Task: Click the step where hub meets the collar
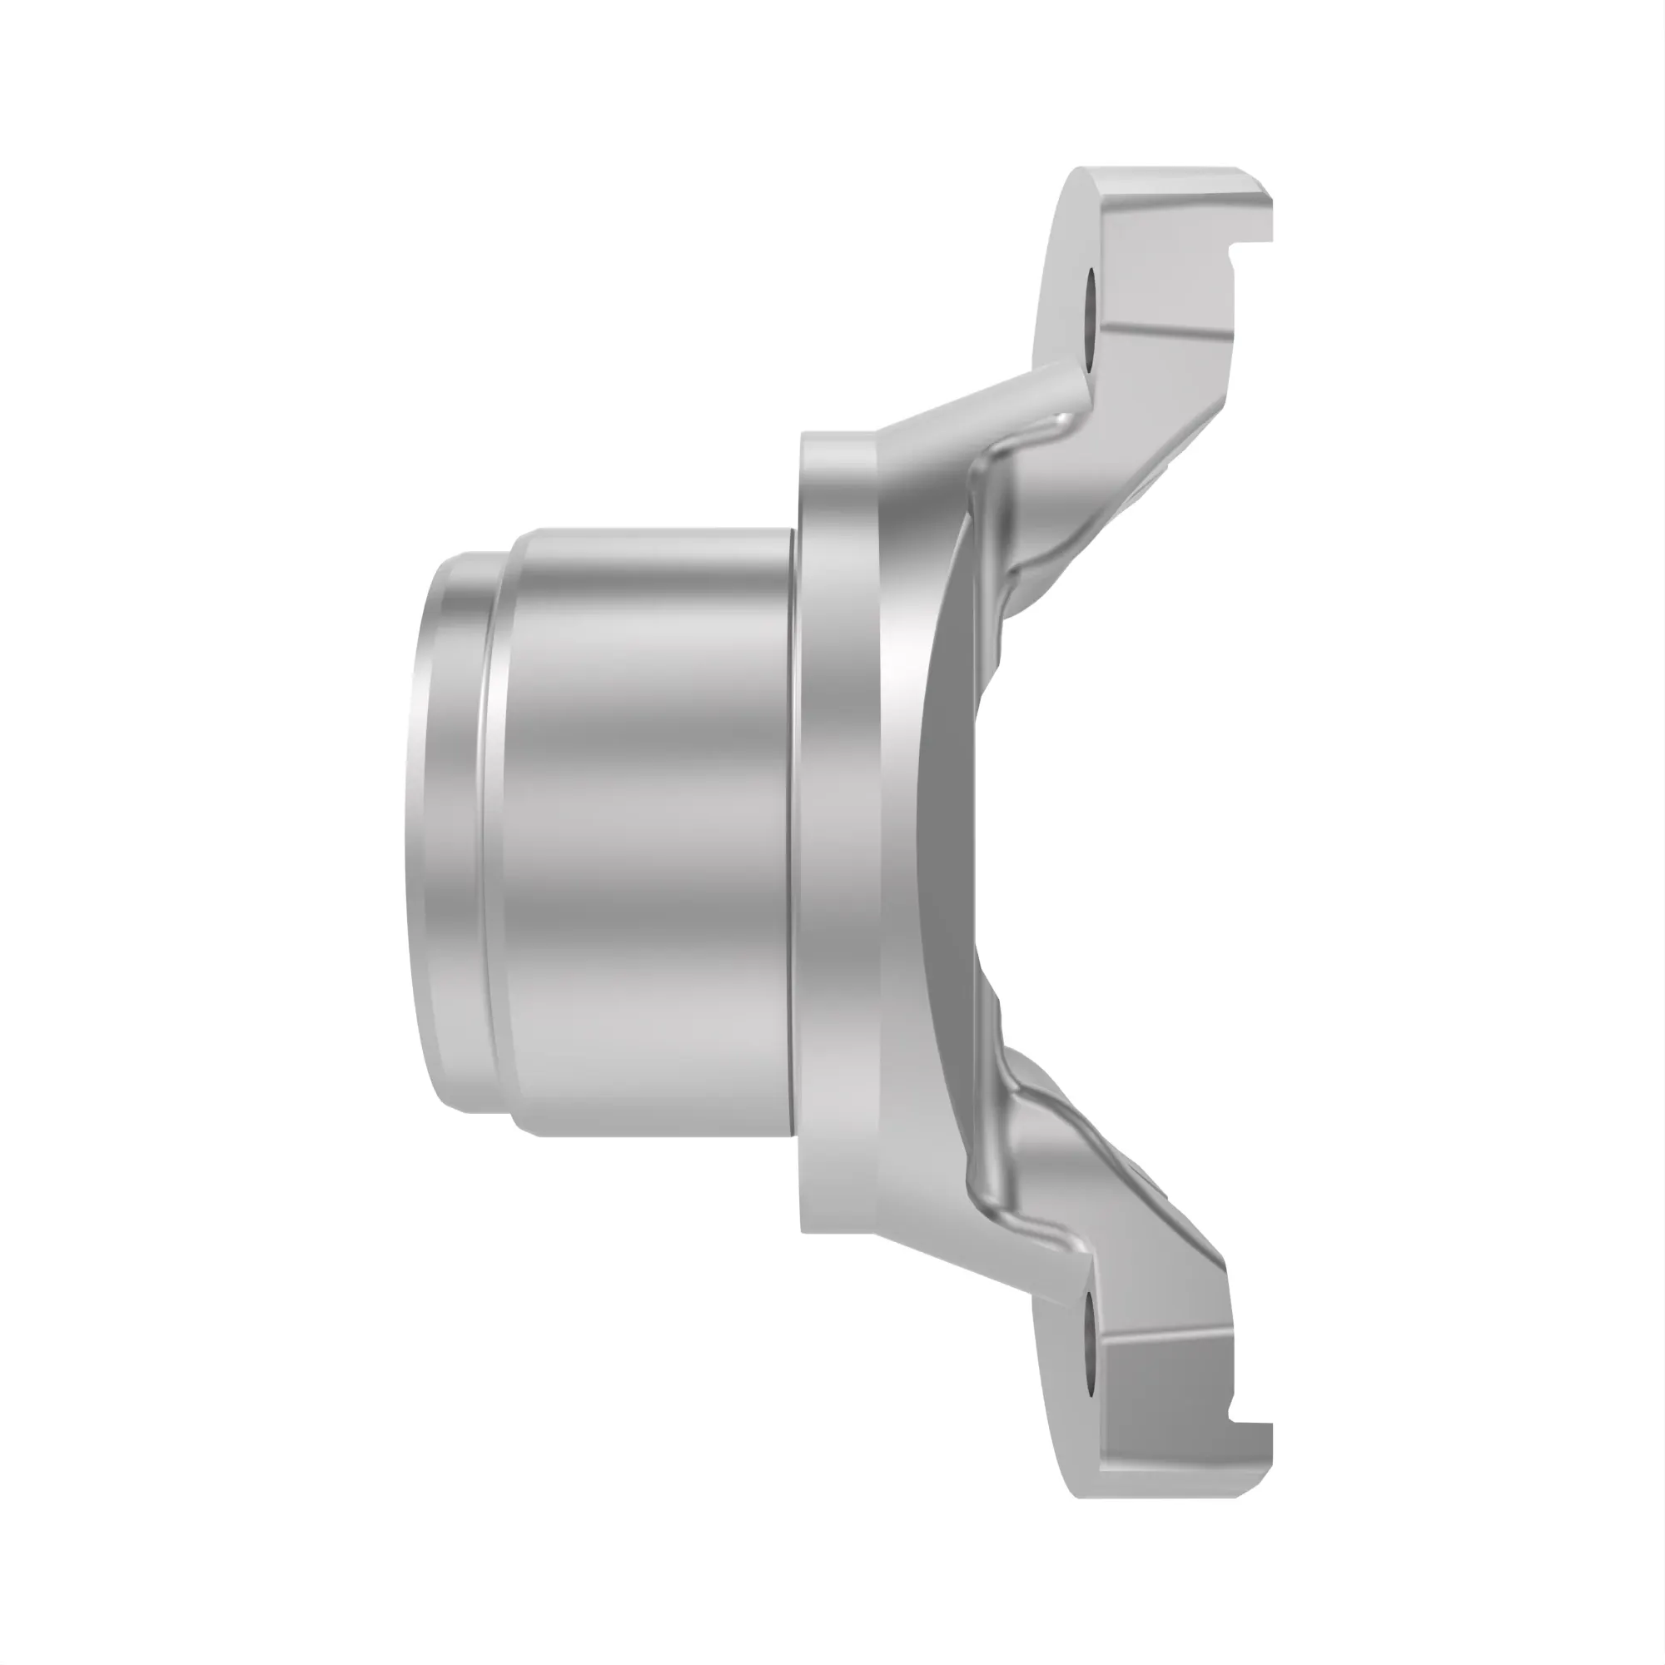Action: tap(794, 832)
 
